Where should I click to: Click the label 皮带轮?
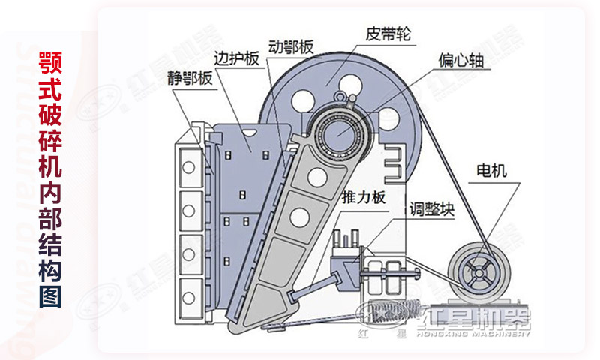[388, 34]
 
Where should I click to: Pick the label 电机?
[492, 170]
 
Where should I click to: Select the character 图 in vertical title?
[50, 295]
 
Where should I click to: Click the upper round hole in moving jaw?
[317, 176]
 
